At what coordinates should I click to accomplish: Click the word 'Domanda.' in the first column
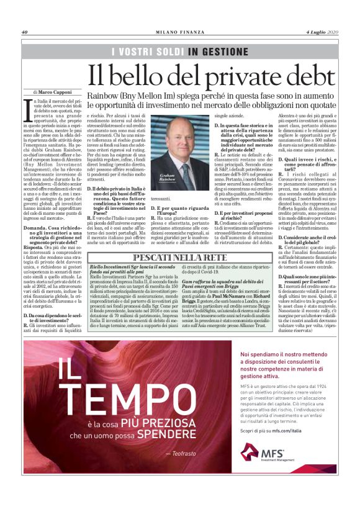click(x=36, y=229)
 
